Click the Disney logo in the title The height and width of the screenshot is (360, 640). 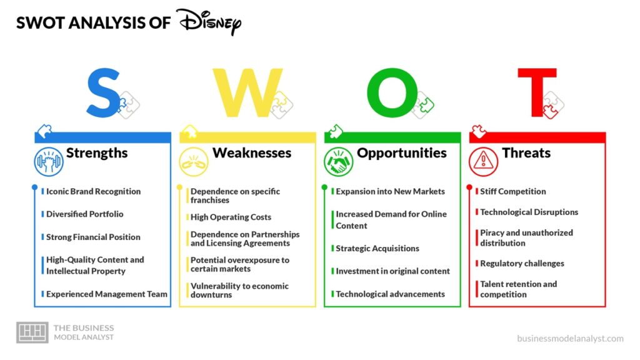(209, 22)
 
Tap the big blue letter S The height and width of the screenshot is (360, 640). (103, 93)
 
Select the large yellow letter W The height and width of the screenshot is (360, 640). (247, 92)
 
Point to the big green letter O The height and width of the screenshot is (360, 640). (392, 92)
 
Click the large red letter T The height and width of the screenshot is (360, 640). (537, 92)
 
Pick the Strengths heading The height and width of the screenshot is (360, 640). (97, 152)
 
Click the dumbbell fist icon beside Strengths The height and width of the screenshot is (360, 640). (49, 162)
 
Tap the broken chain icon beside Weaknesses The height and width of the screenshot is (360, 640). (194, 162)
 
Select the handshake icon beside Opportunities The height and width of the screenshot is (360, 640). (338, 162)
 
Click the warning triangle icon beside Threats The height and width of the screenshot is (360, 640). (483, 162)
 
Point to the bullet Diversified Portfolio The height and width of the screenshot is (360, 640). (84, 214)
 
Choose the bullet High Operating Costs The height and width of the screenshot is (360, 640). (231, 217)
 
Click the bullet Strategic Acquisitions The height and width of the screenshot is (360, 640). (377, 248)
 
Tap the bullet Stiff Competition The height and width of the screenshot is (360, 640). (512, 191)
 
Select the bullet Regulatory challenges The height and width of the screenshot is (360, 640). (522, 263)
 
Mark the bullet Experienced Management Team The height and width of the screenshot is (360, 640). (106, 294)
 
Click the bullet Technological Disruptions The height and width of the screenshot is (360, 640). (529, 212)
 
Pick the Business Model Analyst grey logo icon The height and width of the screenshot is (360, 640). (32, 332)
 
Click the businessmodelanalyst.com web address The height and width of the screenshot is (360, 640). (570, 338)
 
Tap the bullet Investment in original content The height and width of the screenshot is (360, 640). (392, 271)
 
